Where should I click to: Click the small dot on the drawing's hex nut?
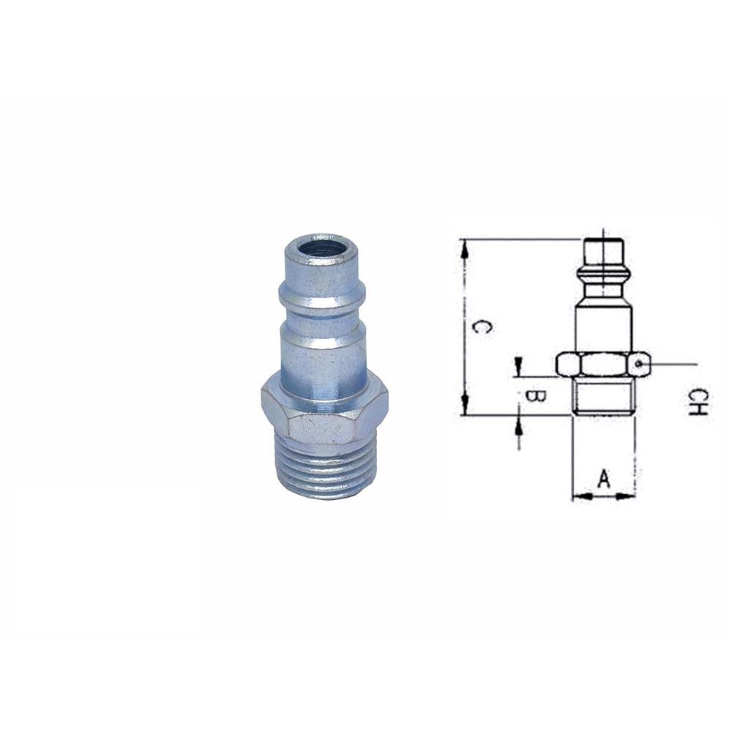point(639,362)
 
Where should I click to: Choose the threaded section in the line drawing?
point(603,396)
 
